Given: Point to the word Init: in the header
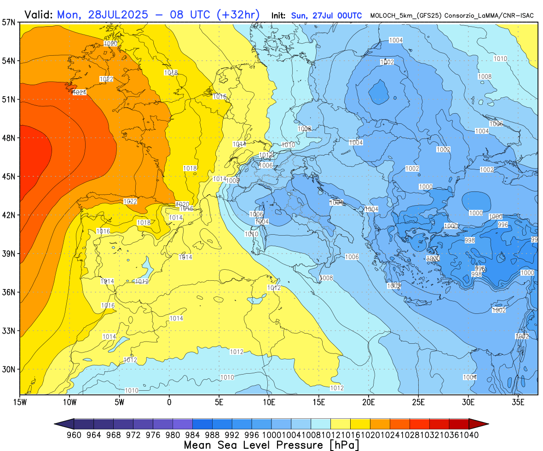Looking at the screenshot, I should (x=280, y=16).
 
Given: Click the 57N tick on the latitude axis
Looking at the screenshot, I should (x=9, y=22).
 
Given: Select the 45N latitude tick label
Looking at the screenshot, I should (x=9, y=176).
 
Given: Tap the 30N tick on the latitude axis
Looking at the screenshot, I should (x=9, y=369).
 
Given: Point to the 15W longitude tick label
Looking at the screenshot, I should (x=20, y=402).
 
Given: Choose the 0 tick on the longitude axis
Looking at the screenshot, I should (x=169, y=402).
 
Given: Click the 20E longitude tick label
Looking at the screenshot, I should (x=369, y=402).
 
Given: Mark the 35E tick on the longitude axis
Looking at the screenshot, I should (x=519, y=402).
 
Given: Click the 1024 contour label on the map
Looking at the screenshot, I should (x=80, y=93).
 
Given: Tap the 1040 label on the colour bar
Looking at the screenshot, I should (x=469, y=435).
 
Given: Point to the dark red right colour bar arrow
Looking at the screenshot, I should (x=479, y=424).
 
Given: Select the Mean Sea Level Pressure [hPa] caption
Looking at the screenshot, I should (x=271, y=445).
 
